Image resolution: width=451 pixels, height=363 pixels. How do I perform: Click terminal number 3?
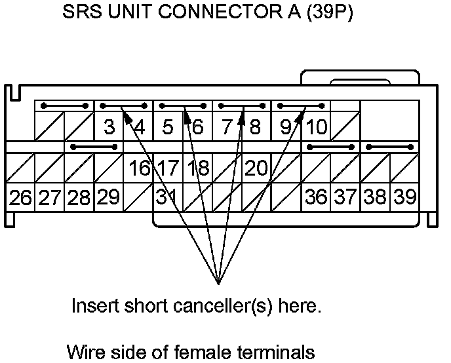tap(109, 126)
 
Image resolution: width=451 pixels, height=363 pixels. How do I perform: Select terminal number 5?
tap(168, 126)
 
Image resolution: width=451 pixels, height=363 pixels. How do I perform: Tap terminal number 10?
tap(316, 126)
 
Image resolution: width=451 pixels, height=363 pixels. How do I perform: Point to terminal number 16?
tap(139, 168)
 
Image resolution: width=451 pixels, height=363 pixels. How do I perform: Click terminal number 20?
tap(256, 168)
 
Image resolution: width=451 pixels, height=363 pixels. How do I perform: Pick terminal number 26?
tap(20, 198)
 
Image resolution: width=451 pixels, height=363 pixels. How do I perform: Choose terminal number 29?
tap(109, 198)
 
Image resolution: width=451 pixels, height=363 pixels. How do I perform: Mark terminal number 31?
tap(167, 198)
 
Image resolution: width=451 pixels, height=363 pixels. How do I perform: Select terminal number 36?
tap(316, 198)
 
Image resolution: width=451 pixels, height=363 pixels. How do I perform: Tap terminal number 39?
tap(404, 198)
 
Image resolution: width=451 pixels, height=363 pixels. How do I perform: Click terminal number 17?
tap(168, 168)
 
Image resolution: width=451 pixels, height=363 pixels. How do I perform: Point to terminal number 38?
tap(375, 198)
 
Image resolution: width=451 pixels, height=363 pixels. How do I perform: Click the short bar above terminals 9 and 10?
tap(301, 105)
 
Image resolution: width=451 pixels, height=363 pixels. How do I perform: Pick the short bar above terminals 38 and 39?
tap(389, 147)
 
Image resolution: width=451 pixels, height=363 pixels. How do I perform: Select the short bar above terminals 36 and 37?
tap(330, 147)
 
